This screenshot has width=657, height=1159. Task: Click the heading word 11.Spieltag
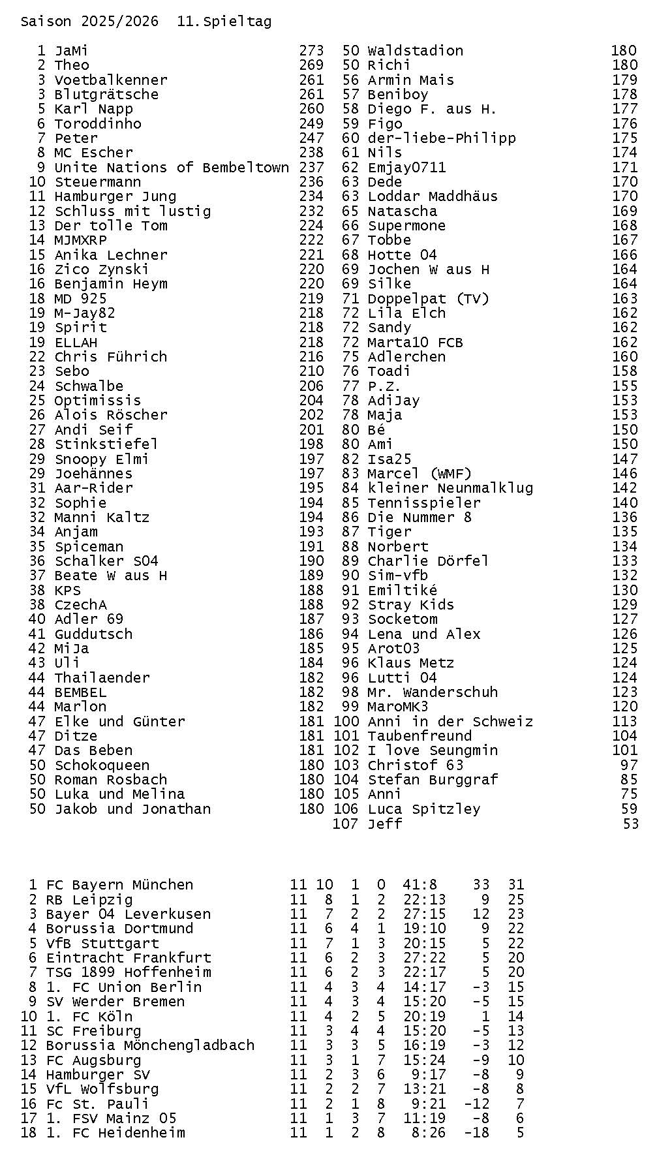click(224, 22)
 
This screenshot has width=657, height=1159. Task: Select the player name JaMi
click(71, 51)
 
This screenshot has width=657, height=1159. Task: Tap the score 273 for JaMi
click(311, 51)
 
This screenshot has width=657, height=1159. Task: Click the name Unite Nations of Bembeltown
click(172, 168)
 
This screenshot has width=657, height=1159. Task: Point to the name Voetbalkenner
click(111, 80)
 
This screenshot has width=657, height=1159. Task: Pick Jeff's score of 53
click(630, 824)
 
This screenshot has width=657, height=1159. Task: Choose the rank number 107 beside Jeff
click(345, 824)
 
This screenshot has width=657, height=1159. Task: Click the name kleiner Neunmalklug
click(450, 488)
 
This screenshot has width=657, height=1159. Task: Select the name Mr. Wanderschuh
click(433, 692)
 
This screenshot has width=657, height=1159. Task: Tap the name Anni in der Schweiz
click(450, 722)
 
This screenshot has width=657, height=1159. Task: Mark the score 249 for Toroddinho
click(311, 124)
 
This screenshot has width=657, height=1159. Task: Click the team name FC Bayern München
click(119, 885)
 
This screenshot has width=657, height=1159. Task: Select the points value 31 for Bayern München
click(516, 885)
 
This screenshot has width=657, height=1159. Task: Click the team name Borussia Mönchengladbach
click(150, 1045)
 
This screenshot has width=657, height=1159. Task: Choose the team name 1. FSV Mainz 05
click(111, 1119)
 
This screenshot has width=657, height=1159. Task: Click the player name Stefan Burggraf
click(433, 780)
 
